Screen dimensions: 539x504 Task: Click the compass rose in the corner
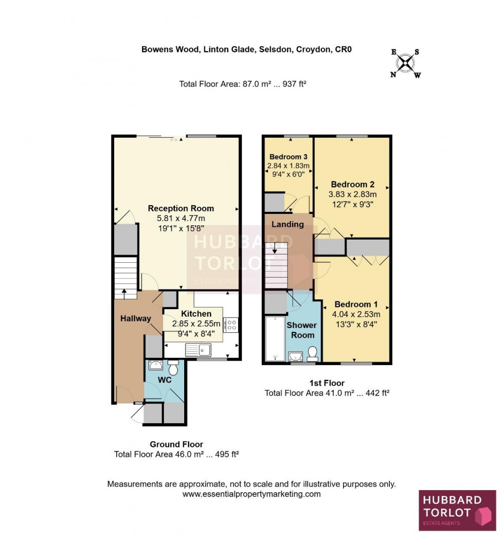point(406,63)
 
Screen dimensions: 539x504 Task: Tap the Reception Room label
point(181,208)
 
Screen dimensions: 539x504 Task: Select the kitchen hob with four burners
point(231,325)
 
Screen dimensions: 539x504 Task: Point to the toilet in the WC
point(173,368)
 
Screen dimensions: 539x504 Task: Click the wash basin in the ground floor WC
point(155,366)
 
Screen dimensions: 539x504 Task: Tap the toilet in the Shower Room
point(312,353)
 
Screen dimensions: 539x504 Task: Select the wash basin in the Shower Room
point(294,356)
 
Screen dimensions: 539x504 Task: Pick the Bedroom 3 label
point(288,157)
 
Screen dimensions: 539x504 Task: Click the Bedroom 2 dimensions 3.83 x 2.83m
point(352,194)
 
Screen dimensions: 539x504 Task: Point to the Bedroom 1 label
point(352,304)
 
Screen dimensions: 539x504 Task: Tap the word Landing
point(287,224)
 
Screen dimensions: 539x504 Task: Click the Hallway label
point(136,318)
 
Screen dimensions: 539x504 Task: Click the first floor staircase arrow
point(274,249)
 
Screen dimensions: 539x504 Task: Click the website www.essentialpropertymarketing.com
point(251,494)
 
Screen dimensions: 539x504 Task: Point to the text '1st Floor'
point(327,383)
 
